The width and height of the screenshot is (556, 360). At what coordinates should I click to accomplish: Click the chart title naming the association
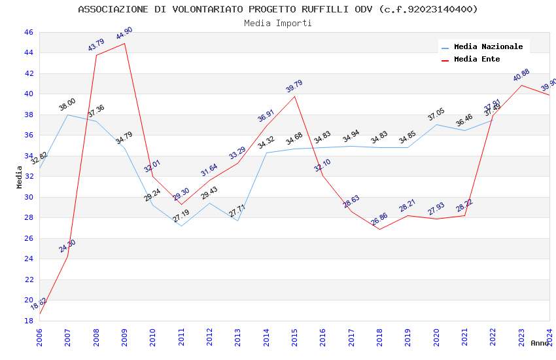pyautogui.click(x=278, y=9)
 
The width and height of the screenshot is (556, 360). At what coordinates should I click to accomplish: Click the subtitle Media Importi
pyautogui.click(x=278, y=23)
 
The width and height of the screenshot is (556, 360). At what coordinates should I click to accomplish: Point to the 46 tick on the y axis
pyautogui.click(x=28, y=32)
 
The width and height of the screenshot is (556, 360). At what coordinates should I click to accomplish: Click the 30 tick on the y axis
pyautogui.click(x=28, y=197)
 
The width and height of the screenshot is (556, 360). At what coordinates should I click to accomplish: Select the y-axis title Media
pyautogui.click(x=20, y=177)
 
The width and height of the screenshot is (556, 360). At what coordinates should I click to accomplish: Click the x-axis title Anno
pyautogui.click(x=540, y=343)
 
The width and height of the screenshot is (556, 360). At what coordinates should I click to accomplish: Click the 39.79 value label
pyautogui.click(x=294, y=86)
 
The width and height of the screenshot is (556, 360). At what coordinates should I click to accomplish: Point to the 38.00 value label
pyautogui.click(x=67, y=105)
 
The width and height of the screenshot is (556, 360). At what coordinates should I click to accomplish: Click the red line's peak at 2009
pyautogui.click(x=124, y=43)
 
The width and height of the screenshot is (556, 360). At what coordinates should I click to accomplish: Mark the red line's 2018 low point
pyautogui.click(x=379, y=229)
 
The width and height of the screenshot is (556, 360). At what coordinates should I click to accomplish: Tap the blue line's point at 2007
pyautogui.click(x=67, y=115)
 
